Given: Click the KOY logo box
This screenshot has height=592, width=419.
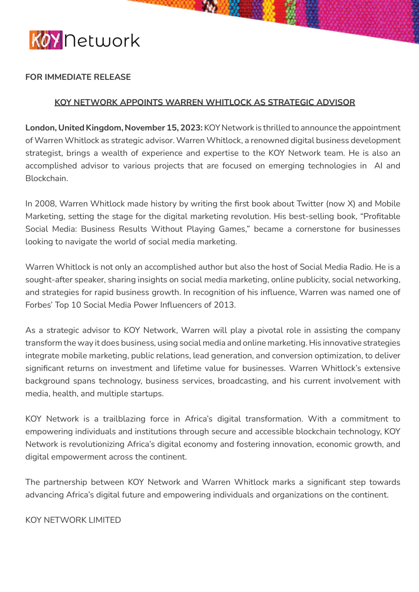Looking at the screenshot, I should click(x=46, y=40).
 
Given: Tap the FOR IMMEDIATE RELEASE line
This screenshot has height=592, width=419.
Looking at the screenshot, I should click(x=78, y=77).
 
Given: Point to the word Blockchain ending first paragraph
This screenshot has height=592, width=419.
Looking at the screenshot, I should click(x=46, y=179).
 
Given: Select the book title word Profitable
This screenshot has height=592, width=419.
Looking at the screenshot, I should click(x=382, y=217).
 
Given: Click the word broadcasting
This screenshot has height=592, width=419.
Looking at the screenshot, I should click(x=242, y=381).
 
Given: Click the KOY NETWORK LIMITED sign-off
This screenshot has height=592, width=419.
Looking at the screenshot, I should click(x=73, y=520).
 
